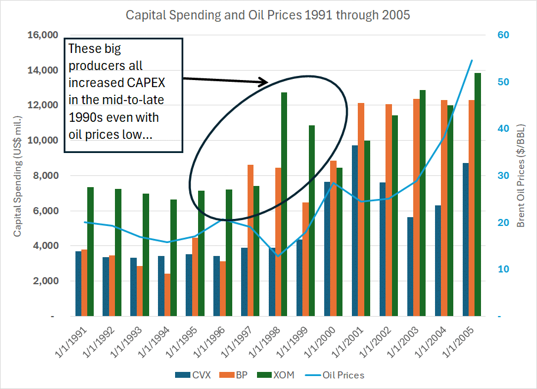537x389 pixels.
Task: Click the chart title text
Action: tap(268, 15)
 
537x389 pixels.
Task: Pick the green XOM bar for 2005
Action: tap(477, 195)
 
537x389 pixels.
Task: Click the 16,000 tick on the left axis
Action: tap(43, 35)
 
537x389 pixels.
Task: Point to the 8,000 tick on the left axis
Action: tap(45, 176)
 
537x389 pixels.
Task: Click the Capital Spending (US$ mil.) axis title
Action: tap(17, 177)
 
